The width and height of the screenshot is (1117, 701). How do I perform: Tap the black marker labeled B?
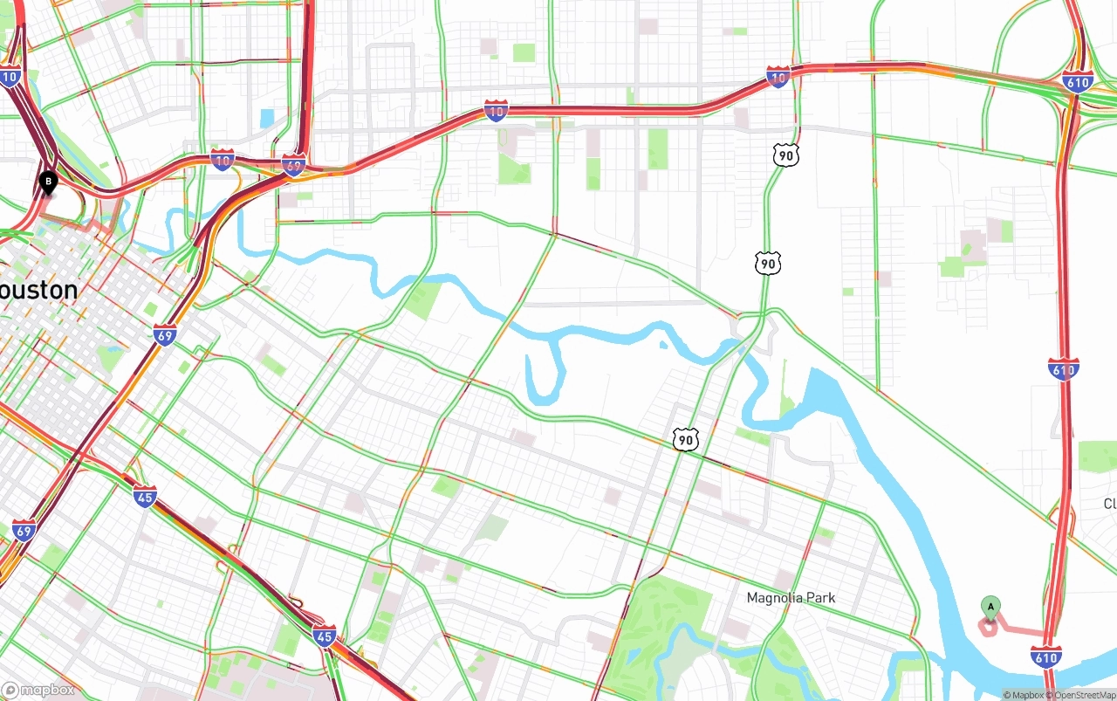(48, 182)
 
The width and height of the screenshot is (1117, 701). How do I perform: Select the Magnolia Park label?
(791, 598)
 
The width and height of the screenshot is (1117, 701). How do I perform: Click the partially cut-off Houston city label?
(38, 290)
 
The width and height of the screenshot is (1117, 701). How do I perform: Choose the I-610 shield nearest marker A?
(1045, 656)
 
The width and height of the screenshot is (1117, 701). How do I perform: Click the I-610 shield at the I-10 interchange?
(1079, 83)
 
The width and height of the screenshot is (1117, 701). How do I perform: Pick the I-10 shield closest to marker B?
(10, 77)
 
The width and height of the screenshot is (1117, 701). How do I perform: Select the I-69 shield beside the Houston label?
(164, 333)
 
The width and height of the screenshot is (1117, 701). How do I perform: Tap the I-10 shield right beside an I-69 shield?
(223, 160)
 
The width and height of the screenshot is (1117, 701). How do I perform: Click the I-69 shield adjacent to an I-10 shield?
(293, 165)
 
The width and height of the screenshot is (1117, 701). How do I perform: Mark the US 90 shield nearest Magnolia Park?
(686, 440)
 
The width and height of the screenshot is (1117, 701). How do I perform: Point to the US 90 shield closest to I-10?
(785, 155)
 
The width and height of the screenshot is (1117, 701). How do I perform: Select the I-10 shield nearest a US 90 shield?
(778, 78)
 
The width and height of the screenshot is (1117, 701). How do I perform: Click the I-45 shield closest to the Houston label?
(145, 497)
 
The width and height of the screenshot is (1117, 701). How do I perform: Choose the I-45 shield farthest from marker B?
(325, 636)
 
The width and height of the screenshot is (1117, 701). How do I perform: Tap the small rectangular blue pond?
(267, 118)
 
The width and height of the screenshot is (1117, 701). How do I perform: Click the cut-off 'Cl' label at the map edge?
(1110, 504)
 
